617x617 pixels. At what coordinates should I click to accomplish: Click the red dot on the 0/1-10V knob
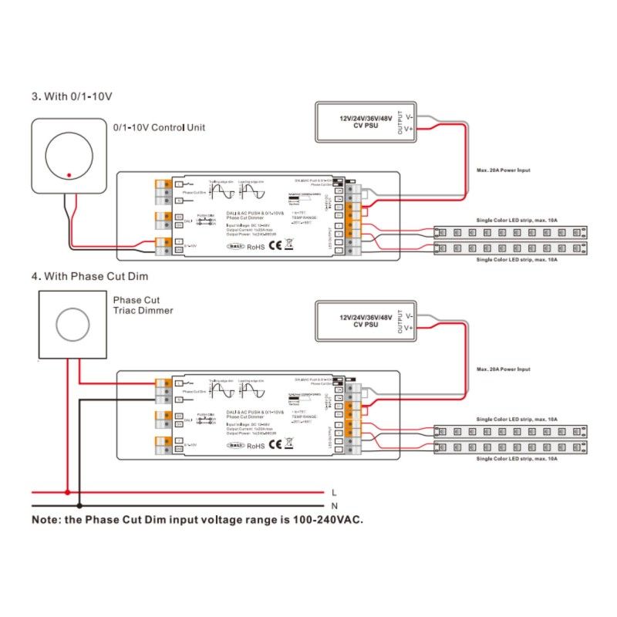pyautogui.click(x=69, y=175)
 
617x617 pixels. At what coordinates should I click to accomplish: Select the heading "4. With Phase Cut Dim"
pyautogui.click(x=89, y=275)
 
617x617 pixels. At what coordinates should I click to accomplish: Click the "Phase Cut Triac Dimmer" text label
pyautogui.click(x=143, y=305)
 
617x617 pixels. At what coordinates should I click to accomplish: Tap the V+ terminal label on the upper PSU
pyautogui.click(x=408, y=130)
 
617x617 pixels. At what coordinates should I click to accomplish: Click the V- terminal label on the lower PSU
pyautogui.click(x=408, y=315)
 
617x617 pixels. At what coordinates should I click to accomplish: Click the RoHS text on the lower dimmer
pyautogui.click(x=255, y=445)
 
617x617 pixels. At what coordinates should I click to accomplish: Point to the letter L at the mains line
pyautogui.click(x=333, y=491)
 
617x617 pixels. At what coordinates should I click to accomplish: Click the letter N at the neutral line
pyautogui.click(x=333, y=505)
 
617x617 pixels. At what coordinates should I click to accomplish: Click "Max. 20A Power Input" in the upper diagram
pyautogui.click(x=503, y=170)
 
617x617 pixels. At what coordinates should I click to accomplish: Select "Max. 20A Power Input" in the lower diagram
pyautogui.click(x=503, y=369)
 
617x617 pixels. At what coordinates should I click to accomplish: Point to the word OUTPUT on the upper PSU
pyautogui.click(x=400, y=123)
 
